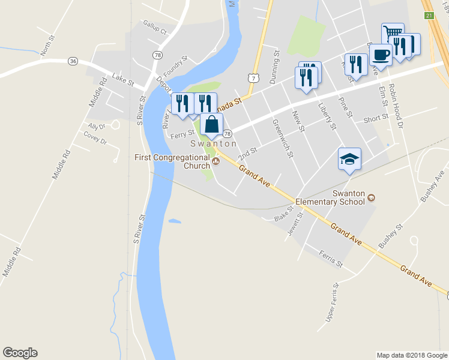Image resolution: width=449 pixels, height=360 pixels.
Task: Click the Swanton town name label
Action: tap(214, 144)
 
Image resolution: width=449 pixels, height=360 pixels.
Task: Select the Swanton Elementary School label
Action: tap(349, 197)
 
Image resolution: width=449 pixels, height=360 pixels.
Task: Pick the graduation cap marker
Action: tap(349, 159)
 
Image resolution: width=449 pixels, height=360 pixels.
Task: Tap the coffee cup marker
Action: tap(381, 55)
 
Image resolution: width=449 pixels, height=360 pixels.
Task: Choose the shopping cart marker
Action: tap(393, 33)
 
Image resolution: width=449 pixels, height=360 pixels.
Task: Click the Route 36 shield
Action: tap(73, 61)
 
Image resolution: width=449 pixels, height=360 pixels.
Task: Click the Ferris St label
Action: tap(331, 259)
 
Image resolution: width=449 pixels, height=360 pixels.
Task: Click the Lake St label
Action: tap(122, 80)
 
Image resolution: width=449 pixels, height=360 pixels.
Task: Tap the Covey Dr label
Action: tap(95, 140)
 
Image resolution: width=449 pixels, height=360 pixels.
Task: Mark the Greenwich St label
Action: tap(282, 138)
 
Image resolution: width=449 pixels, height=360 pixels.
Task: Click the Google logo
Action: tap(20, 353)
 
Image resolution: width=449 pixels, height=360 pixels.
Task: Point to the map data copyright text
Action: tap(411, 355)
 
